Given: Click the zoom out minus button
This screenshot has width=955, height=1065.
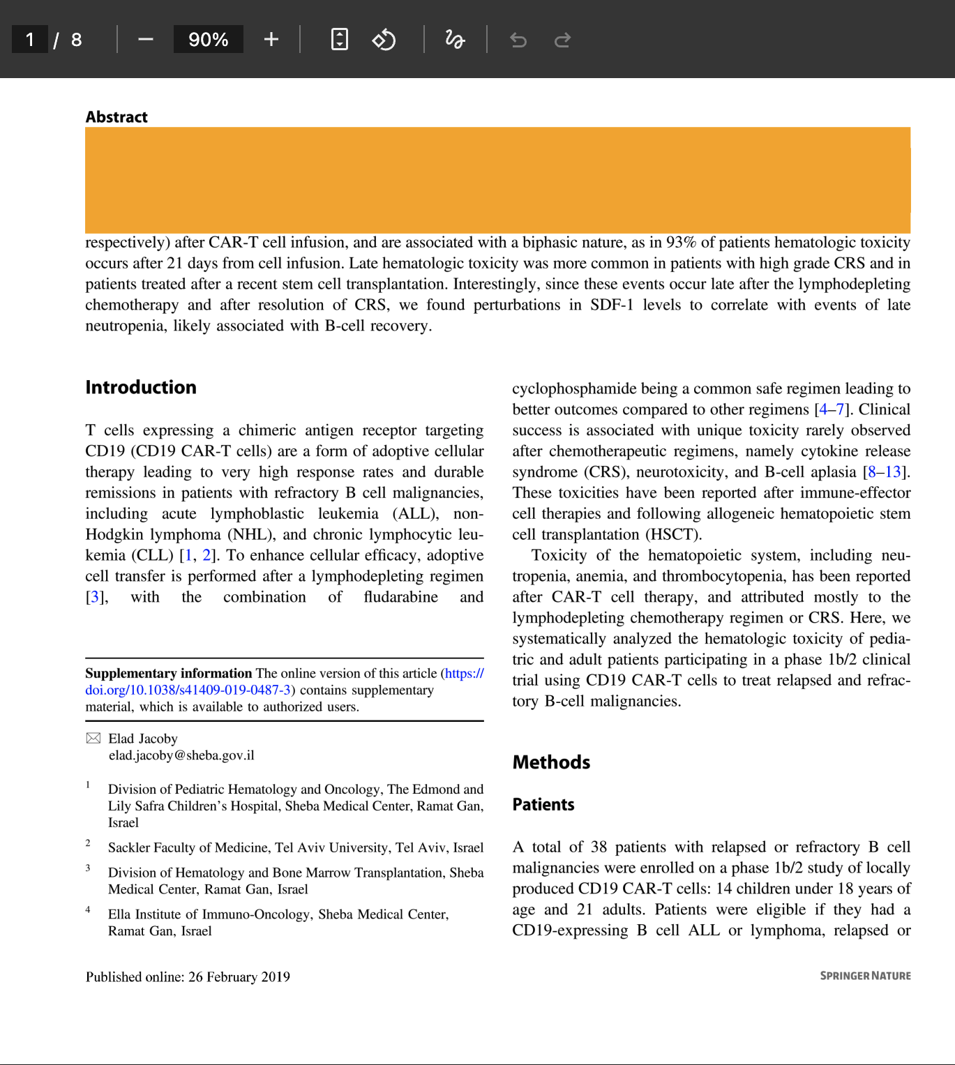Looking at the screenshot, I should (145, 40).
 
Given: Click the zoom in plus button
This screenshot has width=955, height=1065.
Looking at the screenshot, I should (271, 40).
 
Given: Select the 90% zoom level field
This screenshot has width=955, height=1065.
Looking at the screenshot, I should (208, 40).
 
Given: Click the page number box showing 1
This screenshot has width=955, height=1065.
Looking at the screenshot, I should (30, 40).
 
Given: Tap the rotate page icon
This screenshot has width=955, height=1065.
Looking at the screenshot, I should (384, 40).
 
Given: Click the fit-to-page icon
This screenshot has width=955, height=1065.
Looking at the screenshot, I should (339, 40).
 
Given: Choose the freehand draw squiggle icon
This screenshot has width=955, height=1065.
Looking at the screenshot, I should (455, 40).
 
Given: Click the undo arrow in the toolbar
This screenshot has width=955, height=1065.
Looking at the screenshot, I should (518, 40).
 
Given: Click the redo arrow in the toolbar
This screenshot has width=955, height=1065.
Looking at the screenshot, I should (562, 40).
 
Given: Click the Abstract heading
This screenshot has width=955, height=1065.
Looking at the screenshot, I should (116, 117).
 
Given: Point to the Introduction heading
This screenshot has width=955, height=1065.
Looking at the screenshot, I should (141, 388).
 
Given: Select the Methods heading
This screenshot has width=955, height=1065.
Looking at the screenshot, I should (551, 762).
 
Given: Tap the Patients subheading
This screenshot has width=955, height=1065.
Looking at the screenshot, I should (543, 805).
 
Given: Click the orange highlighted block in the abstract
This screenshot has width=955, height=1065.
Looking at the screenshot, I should (497, 180).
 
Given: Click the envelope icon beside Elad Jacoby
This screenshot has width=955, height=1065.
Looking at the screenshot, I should (93, 739).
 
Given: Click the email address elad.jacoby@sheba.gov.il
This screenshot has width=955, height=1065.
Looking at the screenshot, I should (181, 755).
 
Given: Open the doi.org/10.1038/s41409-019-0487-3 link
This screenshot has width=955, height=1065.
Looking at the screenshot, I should (188, 690).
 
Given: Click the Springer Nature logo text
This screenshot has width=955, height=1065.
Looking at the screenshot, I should (865, 976).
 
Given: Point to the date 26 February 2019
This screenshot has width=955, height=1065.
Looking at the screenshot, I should (239, 977).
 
